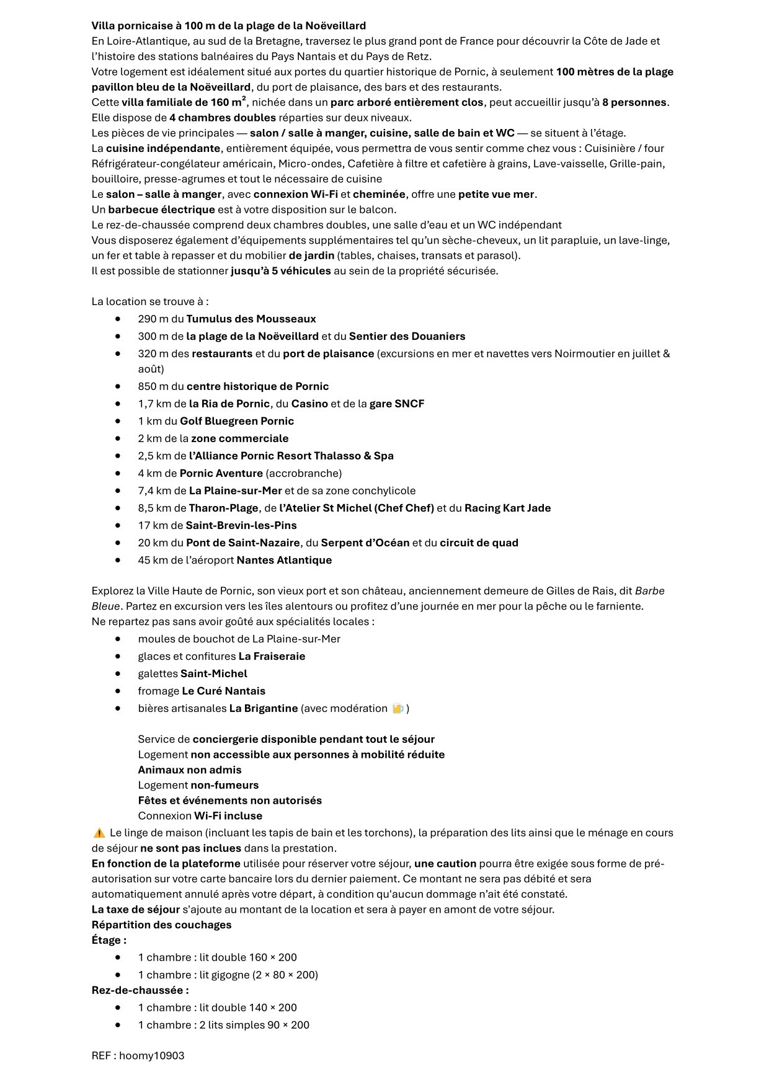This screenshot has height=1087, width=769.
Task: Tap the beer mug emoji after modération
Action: coord(398,708)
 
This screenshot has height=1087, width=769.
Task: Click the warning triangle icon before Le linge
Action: coord(99,833)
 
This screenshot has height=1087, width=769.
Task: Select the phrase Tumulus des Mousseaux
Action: coord(251,319)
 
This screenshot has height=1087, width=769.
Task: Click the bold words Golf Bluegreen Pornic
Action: coord(237,421)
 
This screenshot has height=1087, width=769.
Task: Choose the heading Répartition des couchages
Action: coord(161,925)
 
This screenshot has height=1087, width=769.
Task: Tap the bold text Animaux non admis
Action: coord(190,770)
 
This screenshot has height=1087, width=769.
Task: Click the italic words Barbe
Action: coord(650,591)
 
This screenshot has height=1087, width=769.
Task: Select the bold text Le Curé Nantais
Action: coord(223,691)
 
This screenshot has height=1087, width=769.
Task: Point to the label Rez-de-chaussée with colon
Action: coord(140,990)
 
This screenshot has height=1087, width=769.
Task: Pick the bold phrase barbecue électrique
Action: coord(161,210)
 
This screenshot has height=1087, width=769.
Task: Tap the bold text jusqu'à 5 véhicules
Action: coord(281,270)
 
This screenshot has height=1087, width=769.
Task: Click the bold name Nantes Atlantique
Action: coord(284,560)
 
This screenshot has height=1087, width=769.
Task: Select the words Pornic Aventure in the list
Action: coord(221,473)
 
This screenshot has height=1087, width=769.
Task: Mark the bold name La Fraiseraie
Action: coord(272,656)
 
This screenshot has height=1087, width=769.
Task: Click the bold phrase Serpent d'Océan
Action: coord(365,543)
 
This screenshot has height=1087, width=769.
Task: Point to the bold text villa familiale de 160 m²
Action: coord(184,102)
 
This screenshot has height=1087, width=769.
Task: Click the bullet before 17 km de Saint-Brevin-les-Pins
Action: coord(118,525)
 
